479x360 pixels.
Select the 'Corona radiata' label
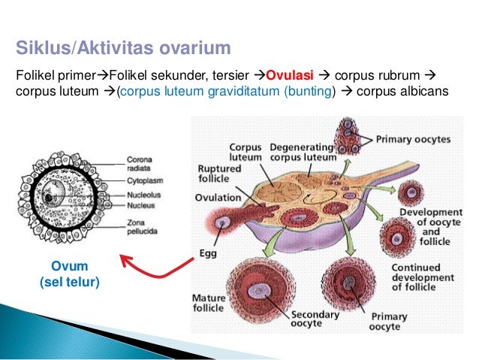[x=141, y=164]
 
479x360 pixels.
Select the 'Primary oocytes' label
[x=412, y=139]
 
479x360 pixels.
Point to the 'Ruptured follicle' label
[x=219, y=174]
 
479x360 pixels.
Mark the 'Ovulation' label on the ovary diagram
[x=218, y=198]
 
